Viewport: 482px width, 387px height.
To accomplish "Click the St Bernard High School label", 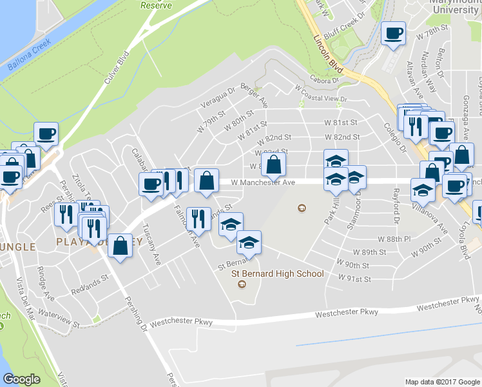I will pos(277,273).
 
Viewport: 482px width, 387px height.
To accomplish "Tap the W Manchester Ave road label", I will pos(263,183).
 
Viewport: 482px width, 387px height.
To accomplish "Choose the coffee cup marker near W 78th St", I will pos(392,34).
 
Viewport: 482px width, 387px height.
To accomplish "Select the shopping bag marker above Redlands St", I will pos(120,246).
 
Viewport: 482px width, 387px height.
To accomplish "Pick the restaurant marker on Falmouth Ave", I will pos(198,219).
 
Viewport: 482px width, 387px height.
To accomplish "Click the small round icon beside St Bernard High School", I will pos(242,285).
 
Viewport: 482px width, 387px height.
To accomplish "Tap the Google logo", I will pos(21,379).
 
